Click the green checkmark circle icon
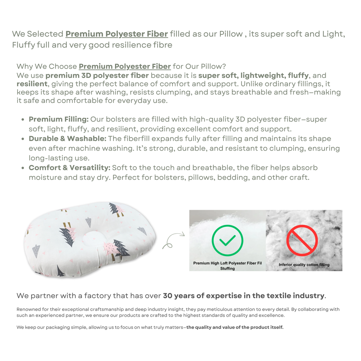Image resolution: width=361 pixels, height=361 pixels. tap(227, 240)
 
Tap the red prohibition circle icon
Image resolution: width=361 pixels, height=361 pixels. tap(302, 240)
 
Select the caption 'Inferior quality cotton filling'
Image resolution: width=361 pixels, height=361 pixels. tap(304, 265)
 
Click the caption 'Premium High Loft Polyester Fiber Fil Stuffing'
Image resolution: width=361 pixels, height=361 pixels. tap(227, 266)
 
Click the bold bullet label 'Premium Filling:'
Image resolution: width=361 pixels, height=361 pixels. tap(59, 120)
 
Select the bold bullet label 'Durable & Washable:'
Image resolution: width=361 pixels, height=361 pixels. tap(67, 139)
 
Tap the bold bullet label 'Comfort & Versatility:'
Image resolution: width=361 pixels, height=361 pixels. tap(69, 168)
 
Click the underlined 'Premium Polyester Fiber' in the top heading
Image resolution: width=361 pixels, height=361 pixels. tap(117, 34)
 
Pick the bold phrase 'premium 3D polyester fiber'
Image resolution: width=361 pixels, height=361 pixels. tap(97, 75)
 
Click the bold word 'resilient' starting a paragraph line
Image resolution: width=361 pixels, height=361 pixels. tap(32, 84)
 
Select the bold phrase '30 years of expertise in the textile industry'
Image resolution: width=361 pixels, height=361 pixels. tap(243, 296)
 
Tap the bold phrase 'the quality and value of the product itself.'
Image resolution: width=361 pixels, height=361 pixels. tap(235, 328)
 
